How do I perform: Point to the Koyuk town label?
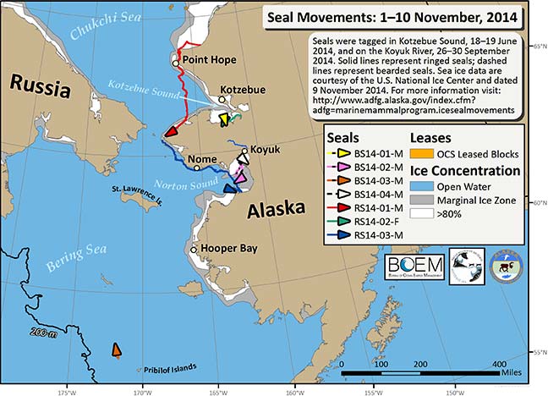coord(264,147)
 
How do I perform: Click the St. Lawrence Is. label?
coord(127,191)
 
